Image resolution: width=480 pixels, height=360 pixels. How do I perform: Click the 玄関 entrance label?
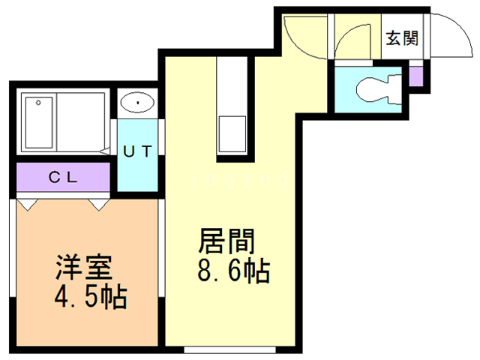click(x=402, y=38)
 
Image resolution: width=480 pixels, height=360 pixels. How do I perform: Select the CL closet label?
click(x=64, y=178)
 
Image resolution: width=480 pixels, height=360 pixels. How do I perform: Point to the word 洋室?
click(x=83, y=268)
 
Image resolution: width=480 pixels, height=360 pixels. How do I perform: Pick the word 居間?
click(x=227, y=241)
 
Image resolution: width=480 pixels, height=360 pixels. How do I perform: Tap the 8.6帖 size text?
click(x=233, y=271)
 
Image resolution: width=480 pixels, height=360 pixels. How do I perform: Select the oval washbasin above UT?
click(x=137, y=102)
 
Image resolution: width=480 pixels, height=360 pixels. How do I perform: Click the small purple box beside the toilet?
click(x=416, y=76)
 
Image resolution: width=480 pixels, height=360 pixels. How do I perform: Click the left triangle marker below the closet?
click(x=27, y=203)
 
